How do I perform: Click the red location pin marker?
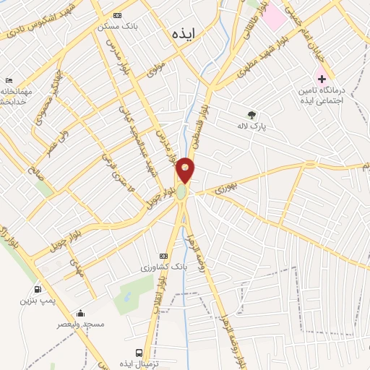pos(186,169)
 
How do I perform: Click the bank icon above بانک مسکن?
pos(118,15)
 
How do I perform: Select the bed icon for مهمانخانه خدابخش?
pos(8,80)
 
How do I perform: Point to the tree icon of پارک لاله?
pos(251,114)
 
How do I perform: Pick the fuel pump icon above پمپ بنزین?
pos(37,288)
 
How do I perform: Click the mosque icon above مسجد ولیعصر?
pos(80,313)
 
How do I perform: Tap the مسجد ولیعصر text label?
pos(81,324)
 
